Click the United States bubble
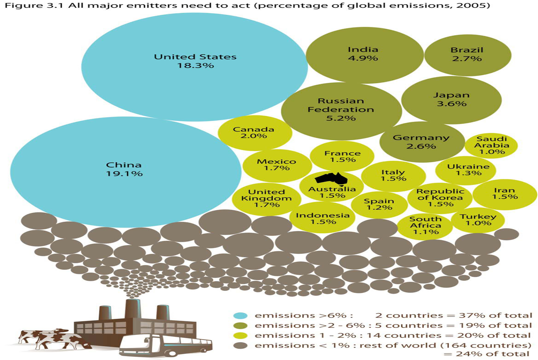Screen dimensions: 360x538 [x=194, y=67]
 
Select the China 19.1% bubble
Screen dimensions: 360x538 [x=125, y=172]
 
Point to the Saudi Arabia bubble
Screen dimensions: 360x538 [x=491, y=145]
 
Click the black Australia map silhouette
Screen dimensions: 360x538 [x=331, y=178]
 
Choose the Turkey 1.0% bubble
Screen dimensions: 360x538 [x=478, y=220]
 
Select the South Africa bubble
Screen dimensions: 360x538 [x=425, y=225]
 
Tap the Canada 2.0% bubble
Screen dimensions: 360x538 [x=254, y=133]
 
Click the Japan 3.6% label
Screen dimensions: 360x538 [x=451, y=99]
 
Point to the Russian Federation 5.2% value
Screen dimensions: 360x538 [x=341, y=118]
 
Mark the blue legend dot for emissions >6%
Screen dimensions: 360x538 [x=240, y=316]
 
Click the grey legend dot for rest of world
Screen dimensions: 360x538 [x=240, y=345]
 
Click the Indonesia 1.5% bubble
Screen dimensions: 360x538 [x=323, y=219]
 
